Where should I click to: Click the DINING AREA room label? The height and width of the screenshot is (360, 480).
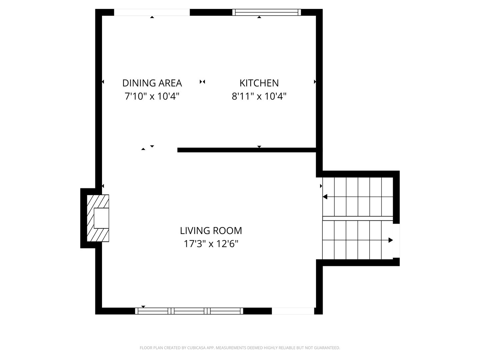(x=152, y=83)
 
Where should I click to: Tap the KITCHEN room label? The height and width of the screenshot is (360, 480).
(x=259, y=83)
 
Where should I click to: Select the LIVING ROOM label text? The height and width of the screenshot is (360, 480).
(x=211, y=231)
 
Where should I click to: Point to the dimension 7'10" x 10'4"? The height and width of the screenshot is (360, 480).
(x=152, y=96)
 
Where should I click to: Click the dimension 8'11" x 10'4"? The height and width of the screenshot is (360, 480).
(x=259, y=96)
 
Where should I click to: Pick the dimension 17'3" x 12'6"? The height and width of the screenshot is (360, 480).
(x=211, y=244)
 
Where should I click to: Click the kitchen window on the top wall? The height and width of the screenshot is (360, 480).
(x=266, y=12)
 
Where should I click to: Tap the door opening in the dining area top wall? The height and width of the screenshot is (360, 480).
(x=152, y=12)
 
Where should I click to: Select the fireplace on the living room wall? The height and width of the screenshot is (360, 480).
(x=98, y=218)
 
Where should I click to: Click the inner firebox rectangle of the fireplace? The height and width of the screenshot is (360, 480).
(x=101, y=218)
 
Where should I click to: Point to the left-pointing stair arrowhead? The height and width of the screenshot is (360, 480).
(x=325, y=197)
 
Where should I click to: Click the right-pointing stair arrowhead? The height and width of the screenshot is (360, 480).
(x=391, y=240)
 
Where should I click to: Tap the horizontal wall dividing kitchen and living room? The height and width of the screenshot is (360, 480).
(x=247, y=150)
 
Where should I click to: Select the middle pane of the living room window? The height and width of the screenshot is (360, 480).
(x=189, y=311)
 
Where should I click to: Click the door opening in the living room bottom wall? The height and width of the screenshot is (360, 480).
(x=293, y=311)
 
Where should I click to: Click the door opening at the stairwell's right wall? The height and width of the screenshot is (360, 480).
(x=396, y=241)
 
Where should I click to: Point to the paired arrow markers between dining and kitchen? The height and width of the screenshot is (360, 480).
(x=202, y=82)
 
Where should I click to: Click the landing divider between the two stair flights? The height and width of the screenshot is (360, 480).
(x=358, y=218)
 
